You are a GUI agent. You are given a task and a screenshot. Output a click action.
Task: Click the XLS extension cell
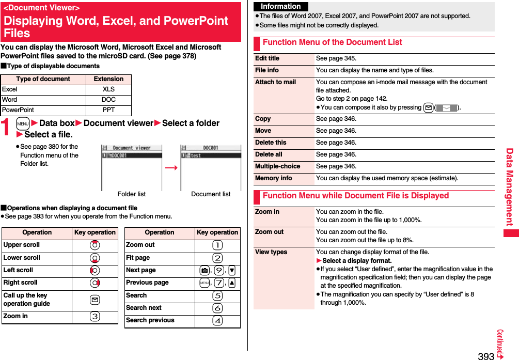click(x=108, y=89)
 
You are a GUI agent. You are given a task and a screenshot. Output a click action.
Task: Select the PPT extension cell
click(x=108, y=110)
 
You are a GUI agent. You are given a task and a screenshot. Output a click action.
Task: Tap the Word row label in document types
click(x=10, y=100)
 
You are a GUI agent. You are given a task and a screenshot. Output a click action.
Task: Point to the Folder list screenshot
click(x=131, y=168)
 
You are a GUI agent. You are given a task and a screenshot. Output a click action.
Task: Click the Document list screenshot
click(x=211, y=168)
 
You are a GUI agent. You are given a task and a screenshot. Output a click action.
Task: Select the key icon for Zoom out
click(x=217, y=245)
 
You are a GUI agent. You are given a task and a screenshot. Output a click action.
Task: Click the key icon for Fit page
click(x=217, y=258)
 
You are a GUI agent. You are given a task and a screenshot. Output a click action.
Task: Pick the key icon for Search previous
click(x=217, y=321)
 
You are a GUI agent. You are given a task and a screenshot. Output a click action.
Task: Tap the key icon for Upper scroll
click(x=95, y=245)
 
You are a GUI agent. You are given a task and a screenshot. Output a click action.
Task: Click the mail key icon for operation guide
click(x=95, y=300)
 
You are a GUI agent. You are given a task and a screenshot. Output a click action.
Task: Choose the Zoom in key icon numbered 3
click(x=95, y=317)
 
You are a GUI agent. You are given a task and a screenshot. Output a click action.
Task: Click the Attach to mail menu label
click(x=275, y=82)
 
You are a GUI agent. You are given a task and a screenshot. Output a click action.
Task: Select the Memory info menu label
click(x=273, y=178)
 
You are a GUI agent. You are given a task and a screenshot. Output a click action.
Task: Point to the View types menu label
click(x=271, y=252)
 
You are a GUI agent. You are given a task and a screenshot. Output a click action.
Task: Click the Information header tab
click(x=280, y=6)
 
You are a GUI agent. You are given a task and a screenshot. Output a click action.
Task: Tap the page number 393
click(x=485, y=355)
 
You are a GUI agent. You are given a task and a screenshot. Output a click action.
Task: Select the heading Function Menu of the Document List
click(x=332, y=42)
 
